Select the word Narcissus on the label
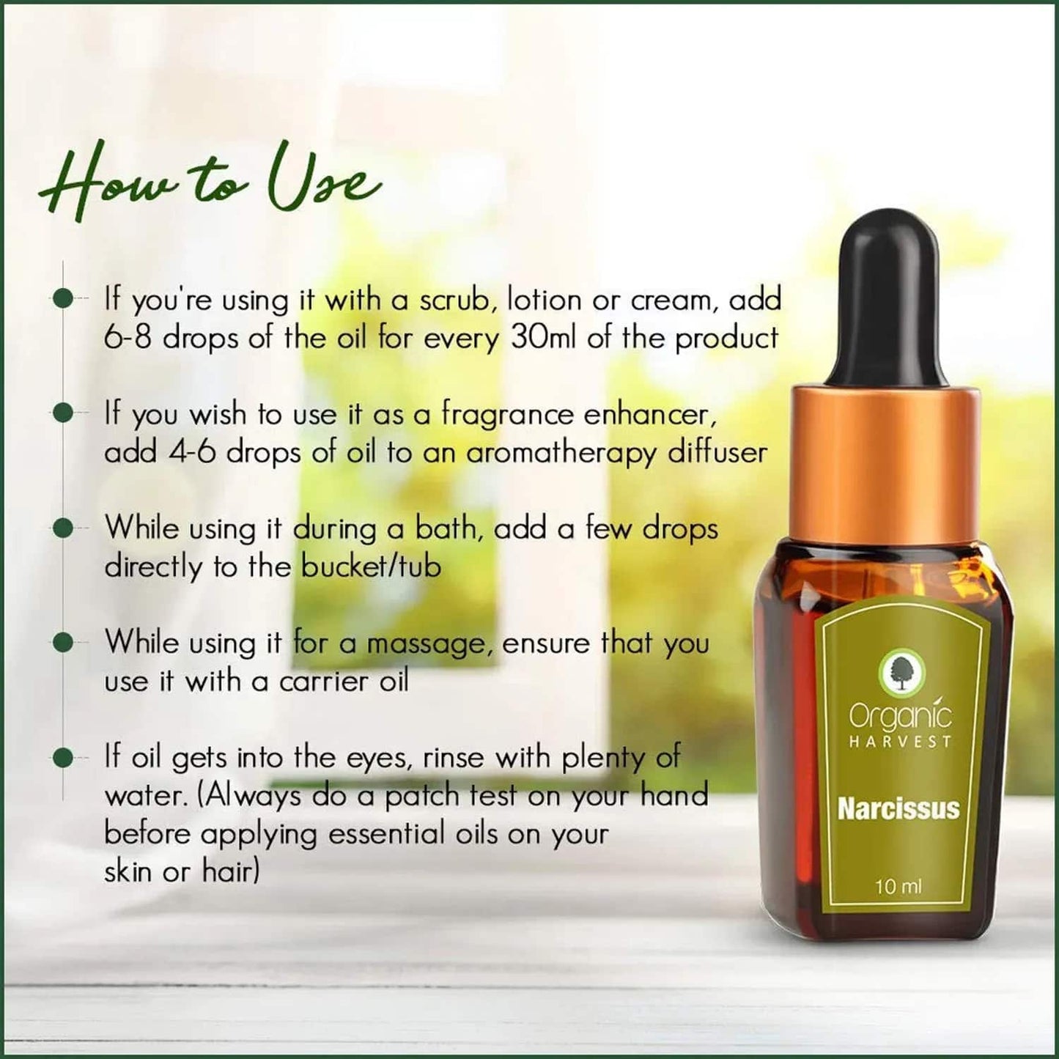click(x=898, y=809)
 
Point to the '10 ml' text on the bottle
click(x=898, y=887)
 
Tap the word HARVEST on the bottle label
click(x=901, y=742)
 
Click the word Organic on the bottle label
click(x=901, y=715)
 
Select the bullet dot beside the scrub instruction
click(x=64, y=299)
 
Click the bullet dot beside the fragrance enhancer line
click(x=64, y=413)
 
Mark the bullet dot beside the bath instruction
click(x=64, y=528)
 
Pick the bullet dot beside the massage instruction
click(x=64, y=643)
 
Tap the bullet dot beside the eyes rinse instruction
click(x=64, y=757)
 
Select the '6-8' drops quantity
click(x=128, y=339)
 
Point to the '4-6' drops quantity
click(x=192, y=453)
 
